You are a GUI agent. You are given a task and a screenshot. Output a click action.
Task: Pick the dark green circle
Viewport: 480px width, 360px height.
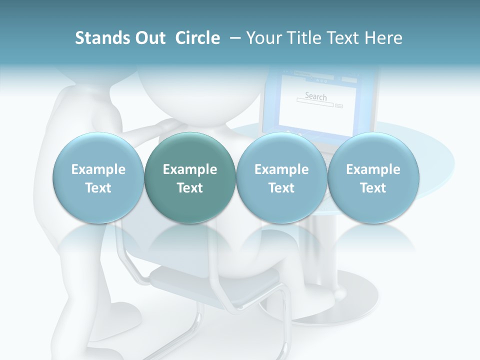[190, 178]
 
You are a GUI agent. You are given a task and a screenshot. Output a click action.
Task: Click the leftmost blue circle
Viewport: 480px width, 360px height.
[98, 178]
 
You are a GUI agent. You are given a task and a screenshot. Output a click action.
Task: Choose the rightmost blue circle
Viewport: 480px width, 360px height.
[373, 178]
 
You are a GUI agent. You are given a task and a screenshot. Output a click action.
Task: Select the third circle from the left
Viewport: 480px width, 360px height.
[281, 178]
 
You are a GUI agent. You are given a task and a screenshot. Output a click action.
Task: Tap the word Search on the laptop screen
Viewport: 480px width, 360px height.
[315, 96]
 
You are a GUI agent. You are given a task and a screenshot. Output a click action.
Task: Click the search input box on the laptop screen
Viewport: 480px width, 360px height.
[314, 105]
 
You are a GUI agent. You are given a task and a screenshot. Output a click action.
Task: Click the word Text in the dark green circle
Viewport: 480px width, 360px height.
[190, 188]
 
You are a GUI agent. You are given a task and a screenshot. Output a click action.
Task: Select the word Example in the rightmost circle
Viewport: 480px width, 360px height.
[373, 169]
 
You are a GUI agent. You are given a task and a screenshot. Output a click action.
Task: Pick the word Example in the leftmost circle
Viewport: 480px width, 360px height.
[98, 169]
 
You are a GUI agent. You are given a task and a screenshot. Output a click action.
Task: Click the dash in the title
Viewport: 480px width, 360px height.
[233, 38]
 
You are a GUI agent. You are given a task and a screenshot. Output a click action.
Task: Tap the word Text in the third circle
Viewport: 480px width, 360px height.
[281, 188]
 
